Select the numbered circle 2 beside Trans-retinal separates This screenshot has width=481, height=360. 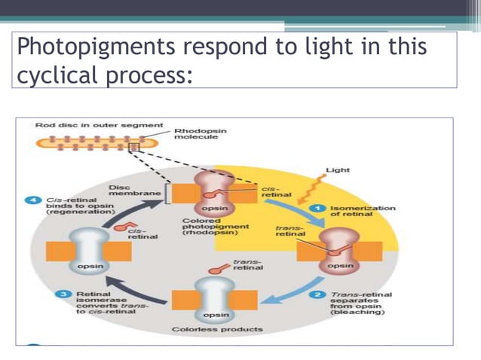coord(318,294)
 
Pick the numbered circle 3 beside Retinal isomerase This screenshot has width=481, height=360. coord(66,294)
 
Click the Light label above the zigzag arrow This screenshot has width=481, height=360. coord(337,171)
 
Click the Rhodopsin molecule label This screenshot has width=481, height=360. coord(200,133)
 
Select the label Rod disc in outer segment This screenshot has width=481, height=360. coord(99,124)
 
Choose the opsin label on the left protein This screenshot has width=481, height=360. coord(91,266)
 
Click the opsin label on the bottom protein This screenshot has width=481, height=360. coord(216,314)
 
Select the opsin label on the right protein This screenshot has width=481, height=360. coord(340,266)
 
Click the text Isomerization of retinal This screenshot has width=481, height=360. coord(362,211)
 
